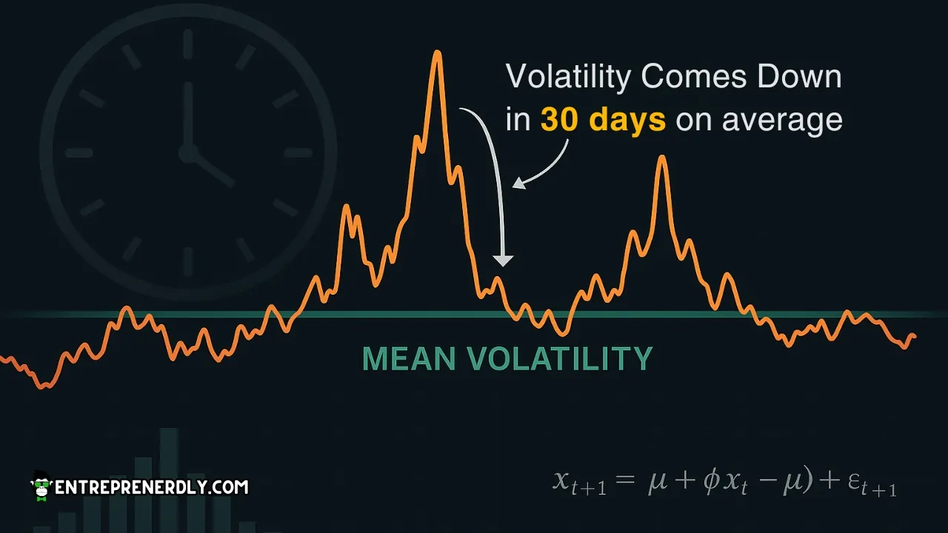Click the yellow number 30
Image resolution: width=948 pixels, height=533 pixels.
coord(559,120)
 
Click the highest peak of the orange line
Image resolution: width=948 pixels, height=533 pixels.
coord(438,53)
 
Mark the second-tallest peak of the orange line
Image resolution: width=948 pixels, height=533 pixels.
coord(662,158)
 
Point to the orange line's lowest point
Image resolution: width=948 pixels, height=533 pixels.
coord(44,386)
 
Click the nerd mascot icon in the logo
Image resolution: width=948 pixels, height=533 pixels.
coord(41,485)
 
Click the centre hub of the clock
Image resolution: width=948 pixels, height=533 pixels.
coord(188,153)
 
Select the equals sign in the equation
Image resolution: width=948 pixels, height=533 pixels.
coord(625,482)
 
